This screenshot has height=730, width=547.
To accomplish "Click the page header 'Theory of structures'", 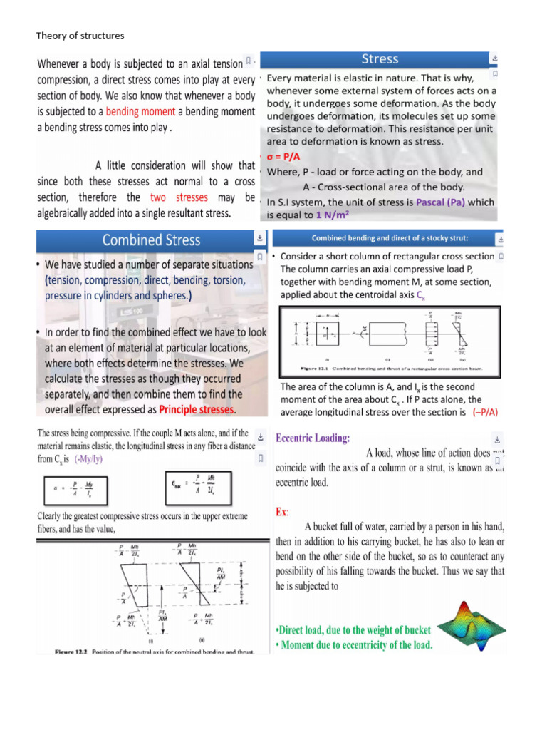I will [80, 36].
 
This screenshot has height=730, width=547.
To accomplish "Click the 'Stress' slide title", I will [380, 59].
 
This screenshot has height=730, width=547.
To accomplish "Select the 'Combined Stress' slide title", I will [152, 240].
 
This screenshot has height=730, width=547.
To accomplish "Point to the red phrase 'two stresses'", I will [179, 197].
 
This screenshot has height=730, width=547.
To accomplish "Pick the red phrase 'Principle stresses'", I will [196, 409].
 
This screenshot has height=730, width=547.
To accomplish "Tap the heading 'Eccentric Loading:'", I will [313, 438].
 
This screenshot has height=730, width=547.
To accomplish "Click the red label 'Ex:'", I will [283, 512].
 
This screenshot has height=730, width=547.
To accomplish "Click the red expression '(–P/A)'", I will [484, 412].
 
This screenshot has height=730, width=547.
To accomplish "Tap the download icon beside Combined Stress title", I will [260, 237].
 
